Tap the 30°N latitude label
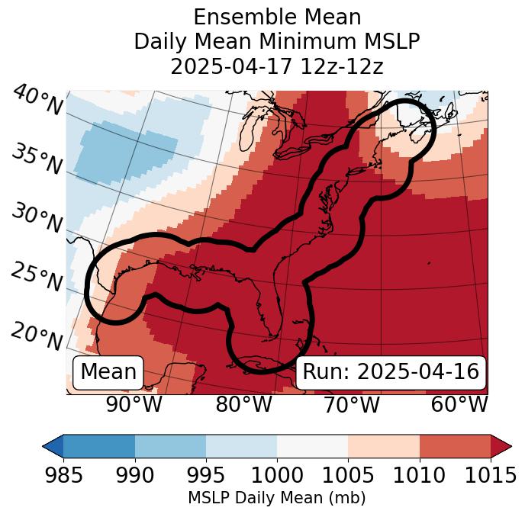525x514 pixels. coord(37,219)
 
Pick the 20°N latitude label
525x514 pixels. coord(37,336)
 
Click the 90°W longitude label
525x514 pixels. coord(134,404)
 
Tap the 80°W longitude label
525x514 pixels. coord(243,404)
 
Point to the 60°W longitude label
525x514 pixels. coord(459,404)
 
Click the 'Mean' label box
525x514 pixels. coord(108,371)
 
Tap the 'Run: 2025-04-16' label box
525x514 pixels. coord(391,371)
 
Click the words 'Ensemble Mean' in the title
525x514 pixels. coord(277,17)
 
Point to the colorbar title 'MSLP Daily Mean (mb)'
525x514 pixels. coord(277,498)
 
